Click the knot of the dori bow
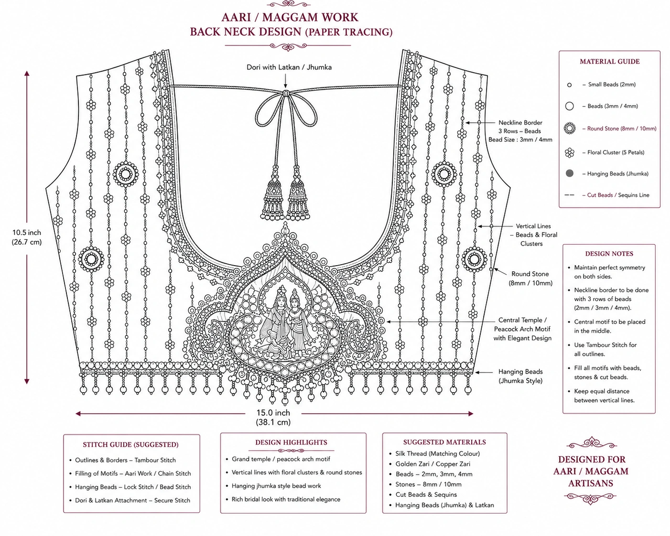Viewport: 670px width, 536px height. pyautogui.click(x=286, y=93)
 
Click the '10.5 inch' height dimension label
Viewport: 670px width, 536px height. pyautogui.click(x=27, y=233)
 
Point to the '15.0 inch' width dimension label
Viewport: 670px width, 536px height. pyautogui.click(x=273, y=413)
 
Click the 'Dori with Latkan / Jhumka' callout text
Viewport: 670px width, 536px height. pyautogui.click(x=289, y=67)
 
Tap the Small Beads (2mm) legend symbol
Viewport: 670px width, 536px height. pyautogui.click(x=569, y=85)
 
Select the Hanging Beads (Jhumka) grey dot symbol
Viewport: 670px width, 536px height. pyautogui.click(x=570, y=173)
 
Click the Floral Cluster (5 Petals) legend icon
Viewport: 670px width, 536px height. pyautogui.click(x=570, y=152)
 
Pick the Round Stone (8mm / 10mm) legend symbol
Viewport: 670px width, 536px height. pyautogui.click(x=570, y=128)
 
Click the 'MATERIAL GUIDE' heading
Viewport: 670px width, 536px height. pyautogui.click(x=610, y=62)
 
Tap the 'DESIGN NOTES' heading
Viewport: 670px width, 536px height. pyautogui.click(x=609, y=254)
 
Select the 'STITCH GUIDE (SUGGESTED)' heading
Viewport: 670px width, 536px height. pyautogui.click(x=131, y=444)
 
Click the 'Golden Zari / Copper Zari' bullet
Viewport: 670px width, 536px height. pyautogui.click(x=433, y=464)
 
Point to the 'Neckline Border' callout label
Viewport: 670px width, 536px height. pyautogui.click(x=520, y=123)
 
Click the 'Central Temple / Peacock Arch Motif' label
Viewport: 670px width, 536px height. pyautogui.click(x=522, y=324)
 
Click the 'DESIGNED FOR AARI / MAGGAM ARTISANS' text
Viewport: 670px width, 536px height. pyautogui.click(x=591, y=471)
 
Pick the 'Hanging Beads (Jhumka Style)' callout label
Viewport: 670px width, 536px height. pyautogui.click(x=520, y=376)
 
